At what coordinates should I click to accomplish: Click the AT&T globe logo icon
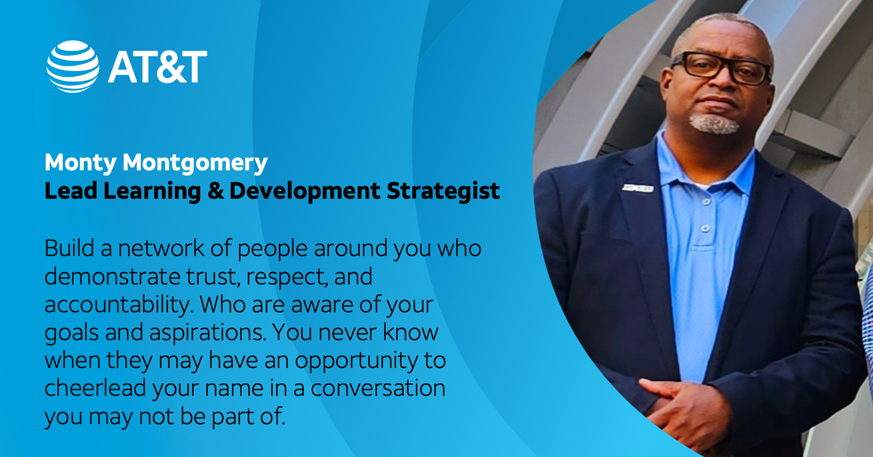click(73, 66)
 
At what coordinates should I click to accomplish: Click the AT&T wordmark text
click(158, 67)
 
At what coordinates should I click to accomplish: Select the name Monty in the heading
click(81, 163)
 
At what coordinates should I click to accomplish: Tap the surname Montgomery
click(195, 163)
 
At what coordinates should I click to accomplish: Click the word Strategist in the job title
click(443, 191)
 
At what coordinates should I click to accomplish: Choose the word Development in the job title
click(304, 191)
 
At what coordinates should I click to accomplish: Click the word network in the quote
click(160, 248)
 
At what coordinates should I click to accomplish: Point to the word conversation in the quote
click(378, 388)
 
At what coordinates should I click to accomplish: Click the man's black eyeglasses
click(722, 68)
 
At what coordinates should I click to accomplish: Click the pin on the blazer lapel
click(637, 188)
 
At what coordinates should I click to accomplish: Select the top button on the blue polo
click(707, 201)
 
